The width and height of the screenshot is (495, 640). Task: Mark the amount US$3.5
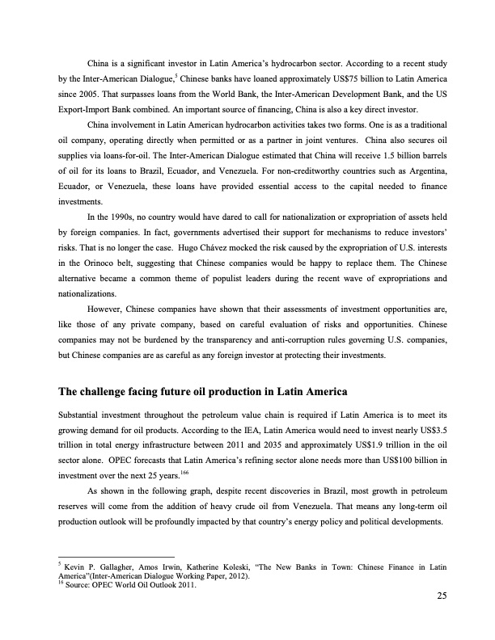coord(429,432)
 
